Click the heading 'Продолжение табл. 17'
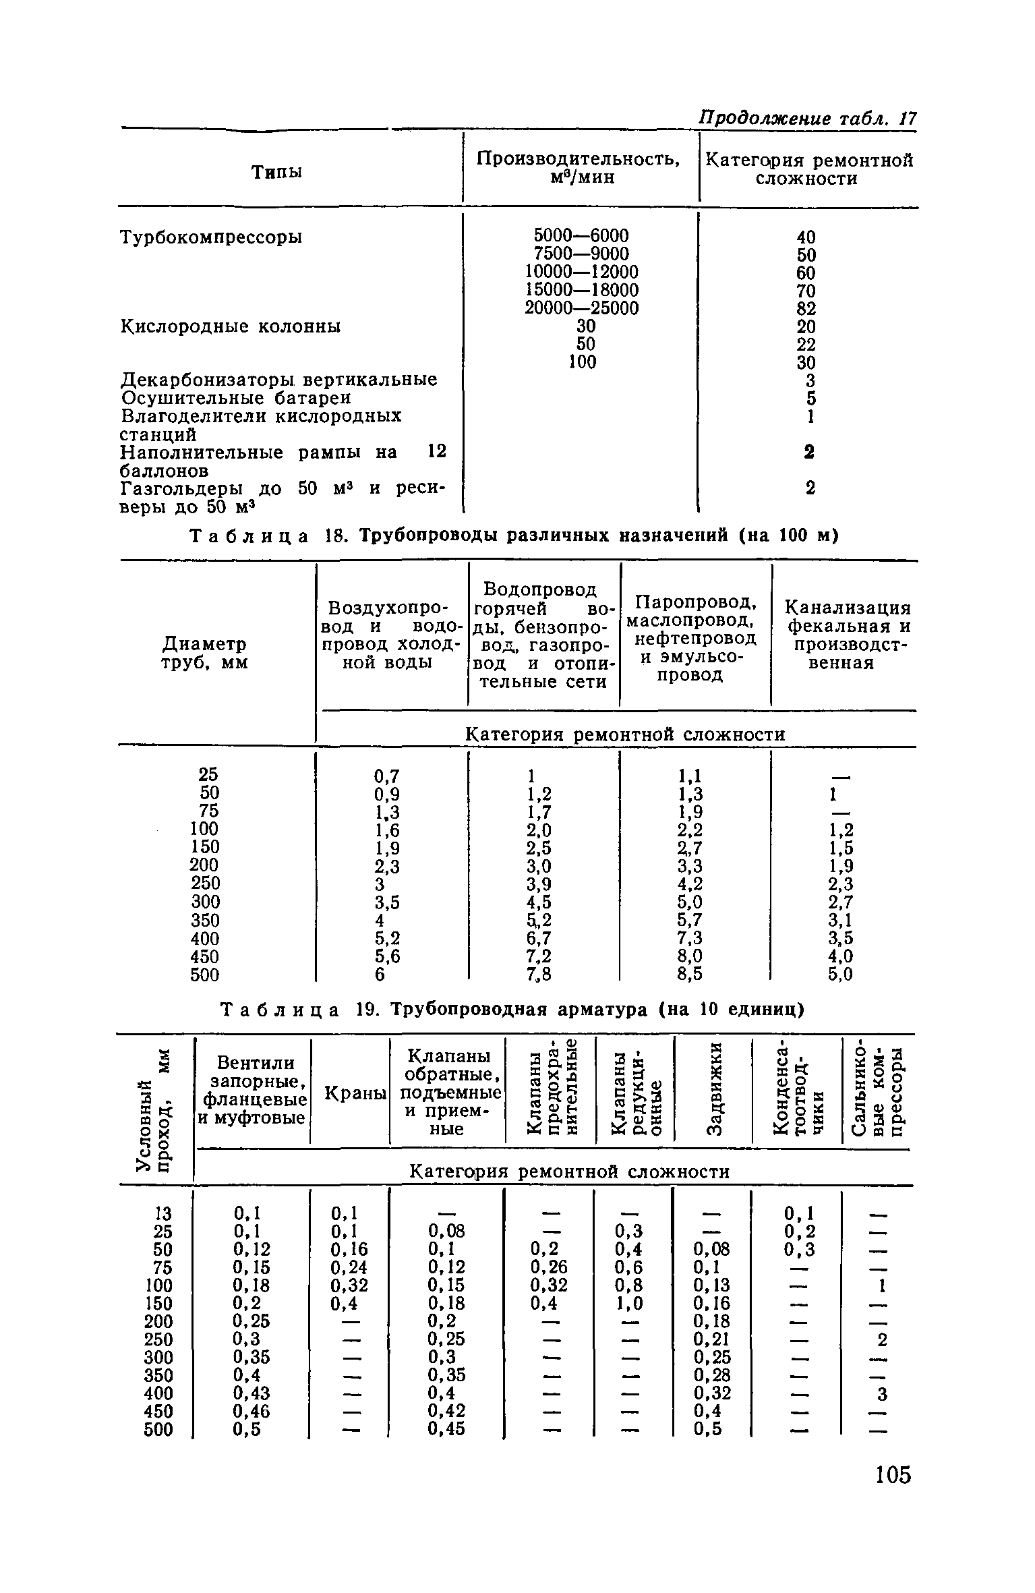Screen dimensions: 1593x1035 pos(807,119)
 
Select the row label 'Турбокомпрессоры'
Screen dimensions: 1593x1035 pos(211,237)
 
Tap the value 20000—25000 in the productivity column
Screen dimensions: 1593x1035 pos(581,308)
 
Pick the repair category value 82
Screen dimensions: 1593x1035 pos(806,309)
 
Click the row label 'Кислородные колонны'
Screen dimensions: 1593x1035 pos(231,326)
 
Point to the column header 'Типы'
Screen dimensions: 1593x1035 pos(276,173)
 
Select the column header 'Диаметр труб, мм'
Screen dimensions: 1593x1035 pos(204,653)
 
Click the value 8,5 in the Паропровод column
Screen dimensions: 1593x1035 pos(690,974)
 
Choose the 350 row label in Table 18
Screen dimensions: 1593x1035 pos(205,920)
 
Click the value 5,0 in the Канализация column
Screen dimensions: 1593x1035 pos(840,974)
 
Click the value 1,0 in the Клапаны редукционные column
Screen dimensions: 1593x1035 pos(629,1303)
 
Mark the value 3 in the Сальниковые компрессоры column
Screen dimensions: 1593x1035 pos(882,1393)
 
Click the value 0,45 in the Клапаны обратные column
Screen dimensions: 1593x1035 pos(446,1429)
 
